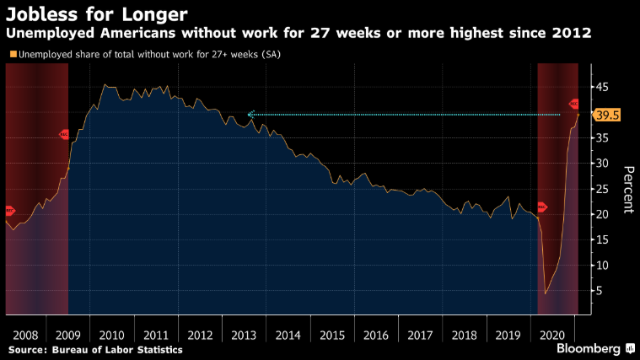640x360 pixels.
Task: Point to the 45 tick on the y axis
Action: (605, 87)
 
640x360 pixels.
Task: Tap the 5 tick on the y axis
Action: (601, 291)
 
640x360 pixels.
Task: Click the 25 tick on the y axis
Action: (605, 189)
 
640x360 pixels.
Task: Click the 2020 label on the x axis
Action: (557, 335)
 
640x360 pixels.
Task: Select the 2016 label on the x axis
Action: (376, 335)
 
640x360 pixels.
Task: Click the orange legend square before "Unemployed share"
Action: (12, 55)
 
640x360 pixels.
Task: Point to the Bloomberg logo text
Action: (585, 347)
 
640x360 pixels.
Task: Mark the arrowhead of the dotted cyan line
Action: (250, 114)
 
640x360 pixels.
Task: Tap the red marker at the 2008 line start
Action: (9, 210)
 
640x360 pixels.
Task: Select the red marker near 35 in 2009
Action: (64, 134)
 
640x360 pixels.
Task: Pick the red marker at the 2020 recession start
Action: (541, 207)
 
